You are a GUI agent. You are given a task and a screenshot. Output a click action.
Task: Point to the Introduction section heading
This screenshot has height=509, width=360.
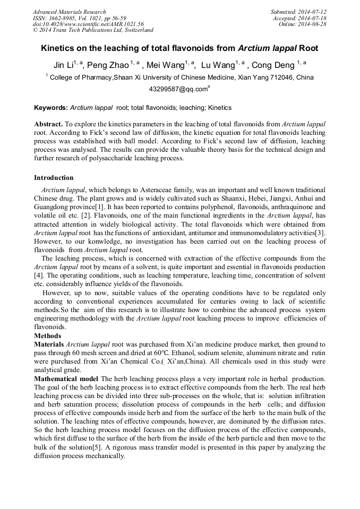(x=54, y=178)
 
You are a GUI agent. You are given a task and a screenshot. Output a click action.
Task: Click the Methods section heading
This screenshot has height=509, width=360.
(x=47, y=336)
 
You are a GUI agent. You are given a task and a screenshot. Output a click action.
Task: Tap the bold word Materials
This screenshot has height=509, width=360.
(x=49, y=344)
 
